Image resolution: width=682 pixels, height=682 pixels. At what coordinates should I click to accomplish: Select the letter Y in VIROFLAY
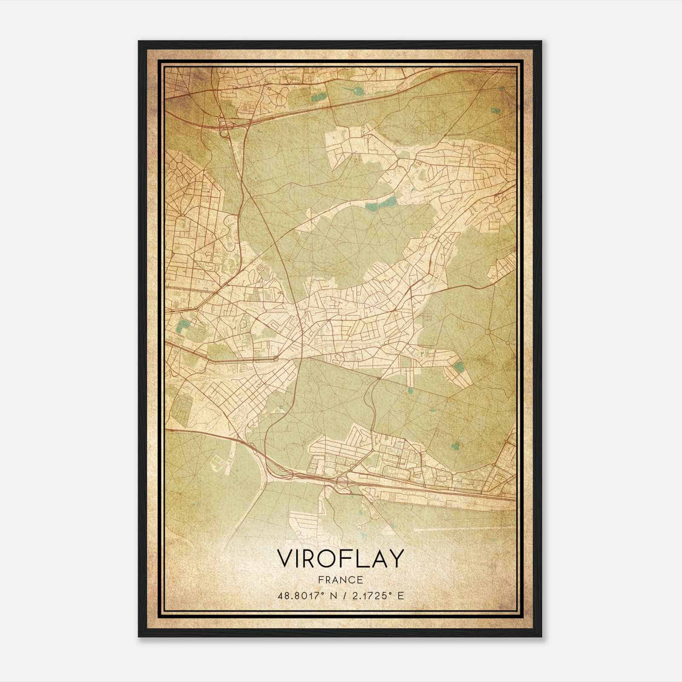[x=396, y=558]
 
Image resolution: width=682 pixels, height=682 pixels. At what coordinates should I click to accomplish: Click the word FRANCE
[x=340, y=580]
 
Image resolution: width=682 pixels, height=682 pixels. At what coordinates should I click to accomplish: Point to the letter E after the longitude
[x=400, y=596]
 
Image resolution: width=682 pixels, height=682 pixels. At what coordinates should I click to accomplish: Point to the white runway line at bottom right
[x=452, y=530]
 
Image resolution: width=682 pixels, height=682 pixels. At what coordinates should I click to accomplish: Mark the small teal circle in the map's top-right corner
[x=502, y=89]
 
